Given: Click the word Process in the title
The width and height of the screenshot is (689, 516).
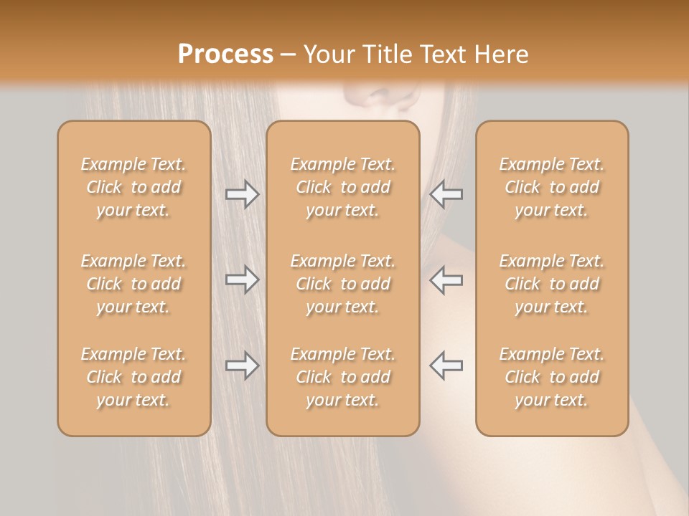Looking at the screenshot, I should [225, 54].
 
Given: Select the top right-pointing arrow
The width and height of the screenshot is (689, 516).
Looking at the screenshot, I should [243, 194].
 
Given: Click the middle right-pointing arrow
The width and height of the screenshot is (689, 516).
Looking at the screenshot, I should [243, 279].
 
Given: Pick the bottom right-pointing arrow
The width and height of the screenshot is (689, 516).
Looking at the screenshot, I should [243, 365].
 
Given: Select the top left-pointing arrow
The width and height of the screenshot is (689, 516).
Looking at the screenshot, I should [446, 194].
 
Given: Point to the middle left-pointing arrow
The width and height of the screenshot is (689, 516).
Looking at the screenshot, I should [446, 279].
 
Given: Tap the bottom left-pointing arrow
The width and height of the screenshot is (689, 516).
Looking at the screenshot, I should [446, 365].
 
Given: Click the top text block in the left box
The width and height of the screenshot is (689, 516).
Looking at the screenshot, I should [133, 187].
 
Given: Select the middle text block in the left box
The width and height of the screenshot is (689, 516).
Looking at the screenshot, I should [133, 284].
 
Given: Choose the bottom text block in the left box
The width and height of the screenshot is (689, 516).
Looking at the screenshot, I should [133, 377].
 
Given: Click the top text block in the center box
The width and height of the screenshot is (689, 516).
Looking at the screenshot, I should [342, 187].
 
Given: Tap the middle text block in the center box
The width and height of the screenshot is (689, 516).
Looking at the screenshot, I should [342, 284].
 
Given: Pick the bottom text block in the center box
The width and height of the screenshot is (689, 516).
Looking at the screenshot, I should [342, 377].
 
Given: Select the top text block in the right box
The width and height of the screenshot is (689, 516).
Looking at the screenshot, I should [551, 187].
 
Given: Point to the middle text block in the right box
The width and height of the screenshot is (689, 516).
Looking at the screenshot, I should [551, 284].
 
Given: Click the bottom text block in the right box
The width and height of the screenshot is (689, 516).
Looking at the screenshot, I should [551, 377].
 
